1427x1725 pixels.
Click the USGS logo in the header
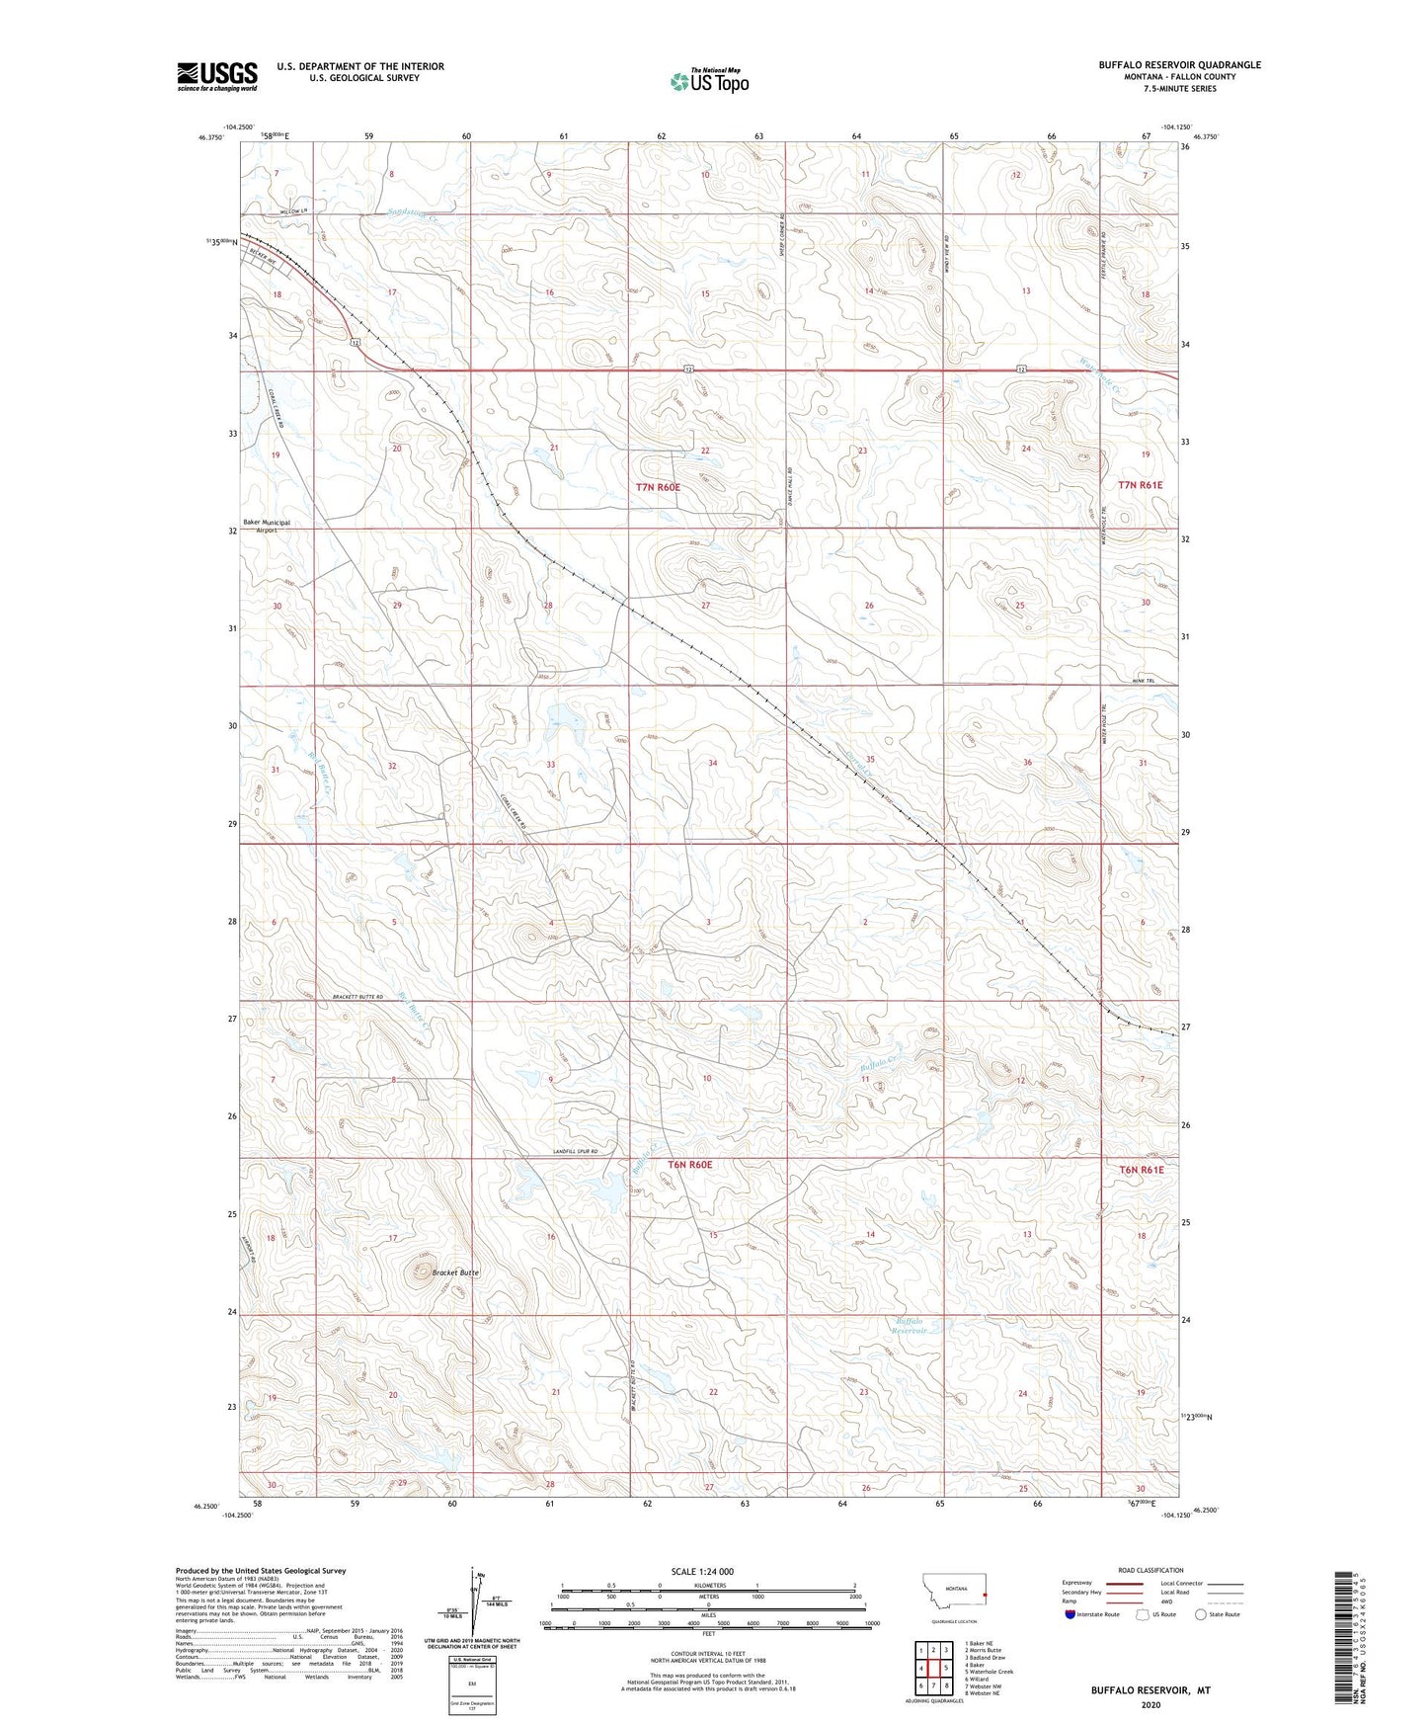pyautogui.click(x=217, y=75)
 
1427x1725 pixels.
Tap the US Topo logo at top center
pyautogui.click(x=708, y=81)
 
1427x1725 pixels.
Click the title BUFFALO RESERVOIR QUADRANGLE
pyautogui.click(x=1179, y=65)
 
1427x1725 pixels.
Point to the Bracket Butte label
pyautogui.click(x=455, y=1273)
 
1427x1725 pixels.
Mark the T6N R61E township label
pyautogui.click(x=1141, y=1170)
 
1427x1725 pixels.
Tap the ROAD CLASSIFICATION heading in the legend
pyautogui.click(x=1150, y=1570)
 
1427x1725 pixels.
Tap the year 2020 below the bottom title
pyautogui.click(x=1150, y=1704)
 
